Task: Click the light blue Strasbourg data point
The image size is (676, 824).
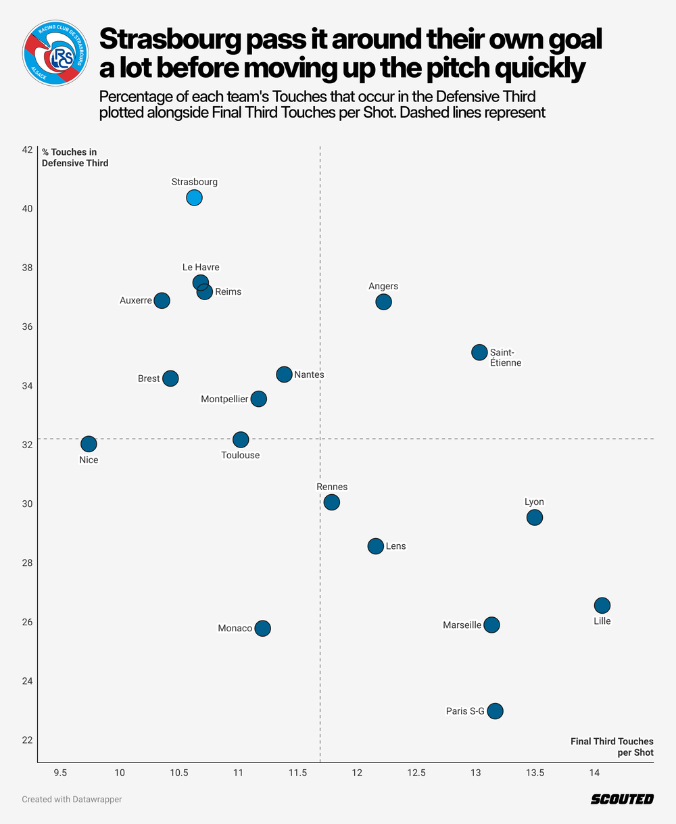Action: pos(194,197)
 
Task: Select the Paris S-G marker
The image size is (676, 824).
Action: pos(495,711)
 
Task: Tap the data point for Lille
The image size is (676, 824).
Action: pos(602,605)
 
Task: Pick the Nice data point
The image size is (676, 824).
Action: pos(89,443)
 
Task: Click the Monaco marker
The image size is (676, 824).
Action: pos(262,628)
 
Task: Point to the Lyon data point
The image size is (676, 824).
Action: pos(534,517)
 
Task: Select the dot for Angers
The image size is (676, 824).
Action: pos(383,301)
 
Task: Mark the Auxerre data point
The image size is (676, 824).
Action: pos(162,300)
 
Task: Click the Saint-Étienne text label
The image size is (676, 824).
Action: pos(505,358)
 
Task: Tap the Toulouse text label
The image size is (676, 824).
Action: pos(240,455)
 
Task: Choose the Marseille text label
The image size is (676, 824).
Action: pos(462,625)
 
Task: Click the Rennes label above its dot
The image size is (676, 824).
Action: pos(331,487)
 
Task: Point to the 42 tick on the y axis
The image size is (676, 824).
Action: pos(28,149)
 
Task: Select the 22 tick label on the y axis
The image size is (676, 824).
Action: pos(28,740)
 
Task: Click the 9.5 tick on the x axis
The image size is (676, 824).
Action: pos(61,773)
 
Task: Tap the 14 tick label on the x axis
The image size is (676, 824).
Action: pos(594,773)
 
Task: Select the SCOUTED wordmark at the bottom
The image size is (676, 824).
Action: pos(622,799)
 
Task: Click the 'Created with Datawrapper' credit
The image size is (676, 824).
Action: pos(72,799)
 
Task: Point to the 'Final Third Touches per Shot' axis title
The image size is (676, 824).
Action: pos(612,746)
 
